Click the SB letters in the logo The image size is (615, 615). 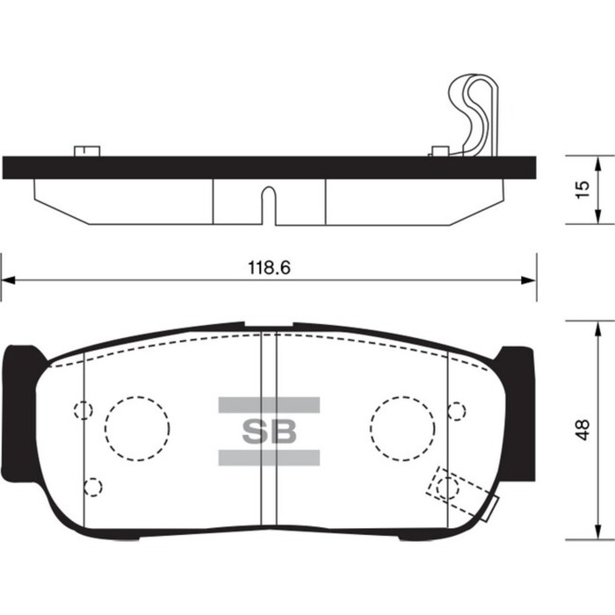point(269,431)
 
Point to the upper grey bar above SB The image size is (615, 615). point(269,405)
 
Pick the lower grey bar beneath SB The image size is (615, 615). point(269,457)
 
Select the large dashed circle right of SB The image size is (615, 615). point(402,426)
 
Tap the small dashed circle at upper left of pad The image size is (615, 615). point(83,410)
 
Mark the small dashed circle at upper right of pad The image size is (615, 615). point(456,410)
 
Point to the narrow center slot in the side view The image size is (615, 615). point(269,206)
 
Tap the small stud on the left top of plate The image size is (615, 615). point(85,150)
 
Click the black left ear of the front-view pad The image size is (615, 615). point(19,413)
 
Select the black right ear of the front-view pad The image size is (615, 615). point(517,413)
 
